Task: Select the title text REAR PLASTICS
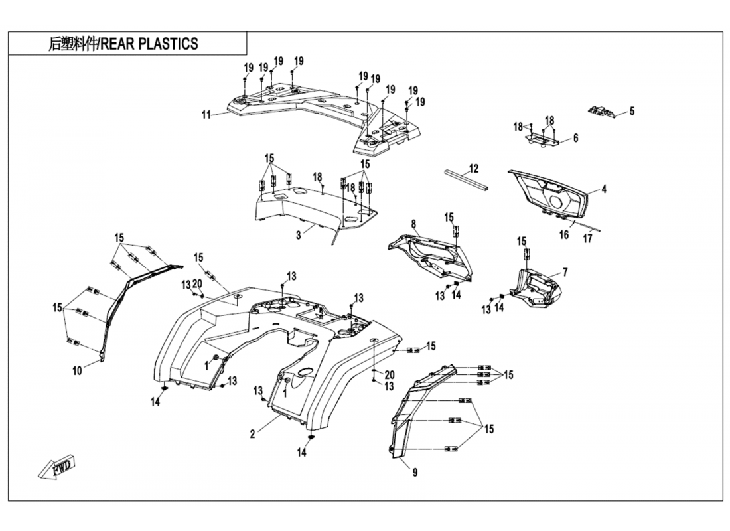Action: [x=123, y=44]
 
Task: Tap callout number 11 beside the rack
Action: [x=206, y=115]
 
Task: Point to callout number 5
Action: [x=632, y=112]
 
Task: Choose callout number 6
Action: [x=575, y=138]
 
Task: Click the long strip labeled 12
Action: [x=465, y=179]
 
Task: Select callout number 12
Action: [x=473, y=168]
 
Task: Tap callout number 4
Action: [x=604, y=189]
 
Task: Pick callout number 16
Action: [x=563, y=234]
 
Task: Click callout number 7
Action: [x=565, y=272]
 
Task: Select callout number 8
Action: [x=413, y=224]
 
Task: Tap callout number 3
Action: [x=299, y=234]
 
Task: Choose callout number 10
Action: [x=77, y=371]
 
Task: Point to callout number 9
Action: [x=415, y=473]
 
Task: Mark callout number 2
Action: [x=252, y=435]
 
